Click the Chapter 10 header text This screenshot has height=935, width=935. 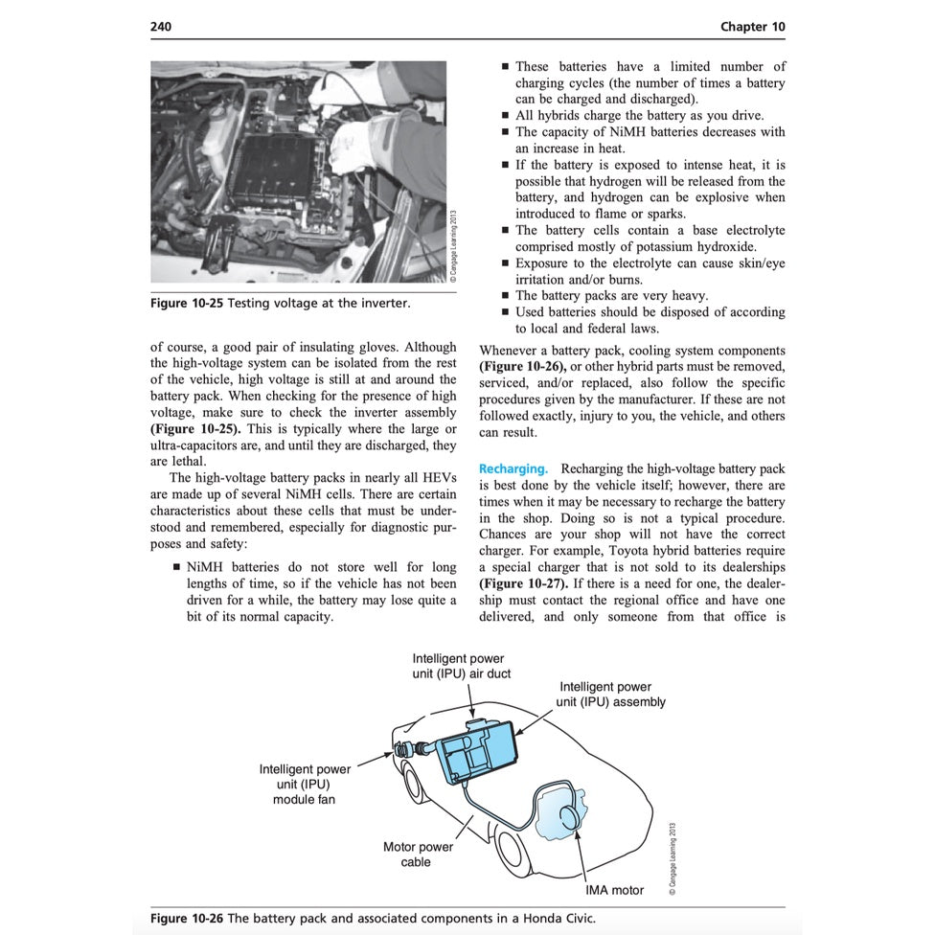(x=752, y=27)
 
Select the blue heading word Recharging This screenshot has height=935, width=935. (x=513, y=468)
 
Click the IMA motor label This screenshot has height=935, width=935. (x=614, y=890)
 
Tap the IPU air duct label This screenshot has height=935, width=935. (x=461, y=666)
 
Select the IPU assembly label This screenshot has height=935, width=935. (x=610, y=694)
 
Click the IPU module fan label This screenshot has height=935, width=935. (x=304, y=784)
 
